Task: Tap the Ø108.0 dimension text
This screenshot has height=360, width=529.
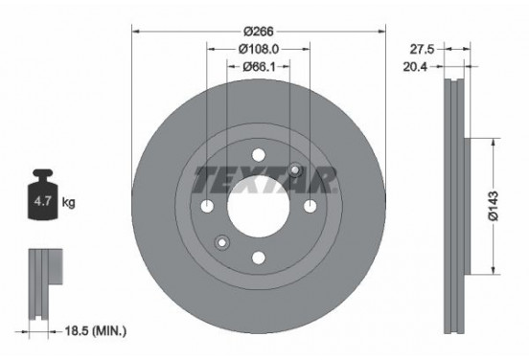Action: click(257, 48)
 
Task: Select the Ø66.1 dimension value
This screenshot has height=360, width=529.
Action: click(257, 66)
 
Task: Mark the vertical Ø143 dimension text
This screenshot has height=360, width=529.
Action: click(493, 205)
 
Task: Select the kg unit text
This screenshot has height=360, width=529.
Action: click(68, 204)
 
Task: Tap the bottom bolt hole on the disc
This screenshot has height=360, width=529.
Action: click(257, 255)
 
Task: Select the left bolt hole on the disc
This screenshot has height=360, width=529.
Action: click(207, 204)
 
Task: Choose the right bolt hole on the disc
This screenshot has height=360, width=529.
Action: click(308, 204)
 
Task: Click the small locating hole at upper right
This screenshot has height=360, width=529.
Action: click(295, 170)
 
